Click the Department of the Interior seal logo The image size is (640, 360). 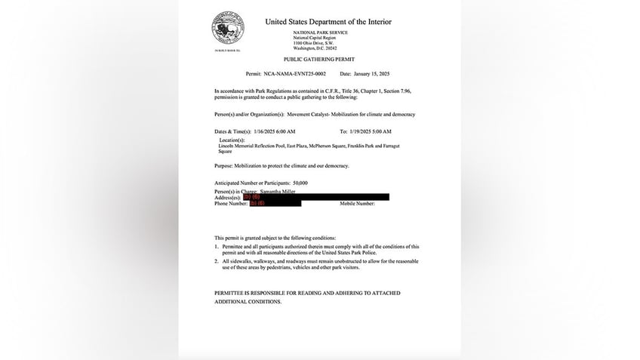click(228, 29)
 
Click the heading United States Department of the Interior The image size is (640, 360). click(328, 22)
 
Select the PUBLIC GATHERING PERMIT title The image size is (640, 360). click(318, 58)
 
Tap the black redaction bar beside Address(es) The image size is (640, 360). click(320, 197)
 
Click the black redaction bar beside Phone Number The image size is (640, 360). click(276, 203)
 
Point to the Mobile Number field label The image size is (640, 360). click(357, 203)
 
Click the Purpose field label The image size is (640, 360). click(226, 165)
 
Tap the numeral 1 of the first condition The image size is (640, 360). click(216, 246)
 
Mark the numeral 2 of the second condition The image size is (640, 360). click(216, 261)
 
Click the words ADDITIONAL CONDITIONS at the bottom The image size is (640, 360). click(248, 301)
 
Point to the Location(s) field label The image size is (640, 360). click(232, 140)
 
